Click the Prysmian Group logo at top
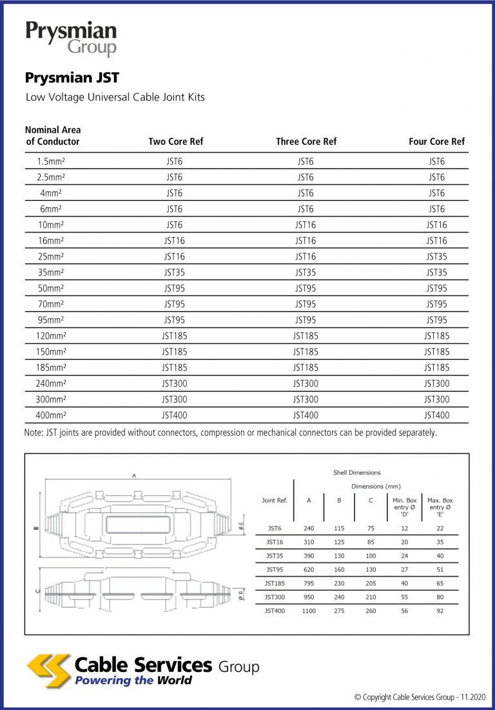tap(71, 39)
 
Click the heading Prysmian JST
tap(72, 78)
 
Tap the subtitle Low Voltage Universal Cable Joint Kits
tap(115, 97)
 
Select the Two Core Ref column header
tap(175, 142)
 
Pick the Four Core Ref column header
tap(436, 142)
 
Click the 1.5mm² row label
tap(50, 162)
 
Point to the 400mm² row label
tap(50, 415)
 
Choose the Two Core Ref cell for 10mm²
tap(175, 225)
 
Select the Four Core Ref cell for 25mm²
tap(436, 257)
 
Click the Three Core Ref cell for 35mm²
tap(306, 272)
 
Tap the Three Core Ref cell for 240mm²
tap(306, 384)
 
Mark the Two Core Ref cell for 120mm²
tap(175, 336)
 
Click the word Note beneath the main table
tap(34, 433)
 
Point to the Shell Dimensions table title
tap(356, 472)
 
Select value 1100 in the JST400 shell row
tap(309, 610)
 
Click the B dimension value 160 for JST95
tap(339, 569)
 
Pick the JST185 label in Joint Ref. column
tap(275, 583)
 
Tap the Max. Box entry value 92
tap(440, 610)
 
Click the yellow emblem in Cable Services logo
tap(48, 669)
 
